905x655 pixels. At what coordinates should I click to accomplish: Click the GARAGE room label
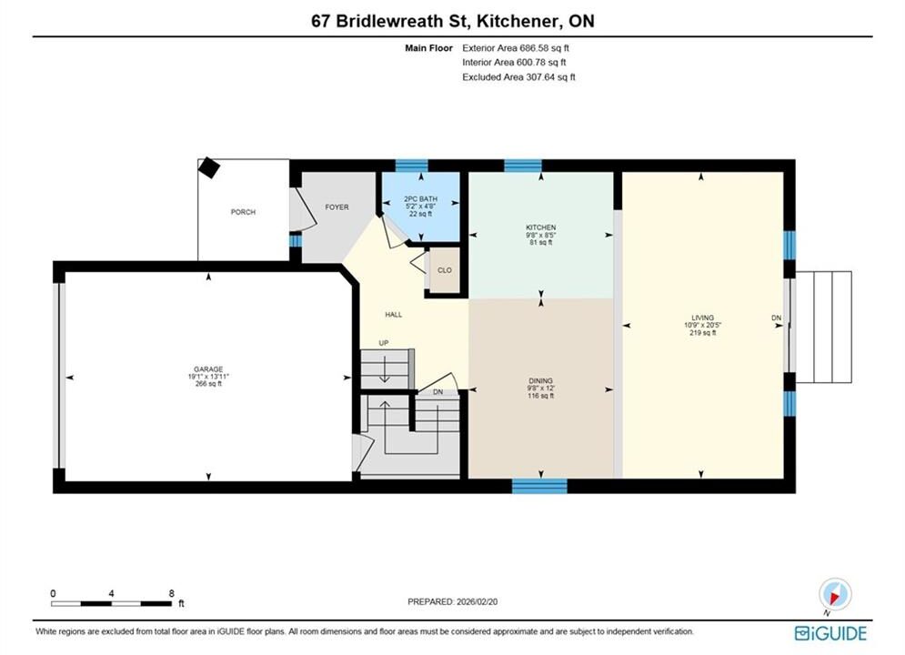[x=208, y=369]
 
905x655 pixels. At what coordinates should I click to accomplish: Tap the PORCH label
[x=243, y=212]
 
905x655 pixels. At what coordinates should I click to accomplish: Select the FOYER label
[x=337, y=207]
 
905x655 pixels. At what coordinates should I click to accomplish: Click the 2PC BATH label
[x=421, y=199]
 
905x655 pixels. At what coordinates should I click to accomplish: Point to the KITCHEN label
[x=541, y=228]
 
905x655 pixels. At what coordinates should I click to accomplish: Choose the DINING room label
[x=541, y=381]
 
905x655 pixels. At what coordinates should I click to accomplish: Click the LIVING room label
[x=703, y=318]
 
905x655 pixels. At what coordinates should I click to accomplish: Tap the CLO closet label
[x=445, y=270]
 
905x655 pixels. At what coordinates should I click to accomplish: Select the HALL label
[x=394, y=315]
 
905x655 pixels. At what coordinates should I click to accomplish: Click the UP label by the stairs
[x=384, y=343]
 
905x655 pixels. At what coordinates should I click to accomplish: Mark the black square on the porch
[x=208, y=168]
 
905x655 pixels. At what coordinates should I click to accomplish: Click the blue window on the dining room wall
[x=539, y=486]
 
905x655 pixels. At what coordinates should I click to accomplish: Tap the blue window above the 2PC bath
[x=411, y=166]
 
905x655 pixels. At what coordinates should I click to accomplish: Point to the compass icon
[x=835, y=594]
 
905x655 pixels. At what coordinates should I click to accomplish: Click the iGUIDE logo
[x=830, y=633]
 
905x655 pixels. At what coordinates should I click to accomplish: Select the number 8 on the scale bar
[x=171, y=592]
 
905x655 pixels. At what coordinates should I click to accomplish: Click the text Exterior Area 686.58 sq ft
[x=516, y=48]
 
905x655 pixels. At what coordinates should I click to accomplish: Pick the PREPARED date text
[x=453, y=601]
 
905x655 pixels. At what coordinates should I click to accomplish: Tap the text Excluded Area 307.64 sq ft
[x=518, y=76]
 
